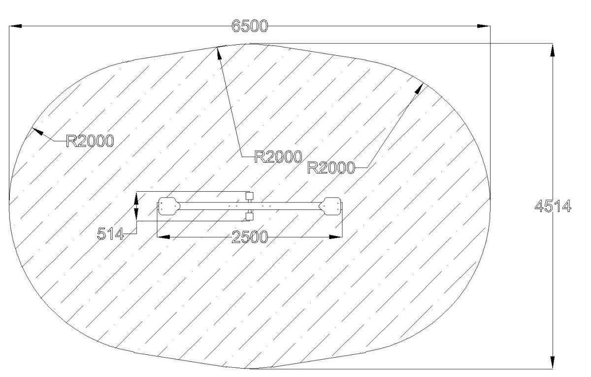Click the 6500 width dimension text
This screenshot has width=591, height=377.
[x=250, y=26]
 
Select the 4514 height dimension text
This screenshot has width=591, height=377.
[x=553, y=206]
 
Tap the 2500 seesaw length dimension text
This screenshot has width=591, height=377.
[x=250, y=237]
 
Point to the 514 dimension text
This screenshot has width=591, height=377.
[x=110, y=234]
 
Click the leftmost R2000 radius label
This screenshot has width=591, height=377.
[x=90, y=141]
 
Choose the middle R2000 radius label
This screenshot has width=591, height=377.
[x=278, y=157]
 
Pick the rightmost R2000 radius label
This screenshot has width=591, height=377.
[x=331, y=168]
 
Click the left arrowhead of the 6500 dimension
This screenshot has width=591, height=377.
[x=16, y=26]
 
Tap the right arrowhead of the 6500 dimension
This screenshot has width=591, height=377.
[x=484, y=26]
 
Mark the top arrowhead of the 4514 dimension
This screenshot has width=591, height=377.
[x=552, y=50]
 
